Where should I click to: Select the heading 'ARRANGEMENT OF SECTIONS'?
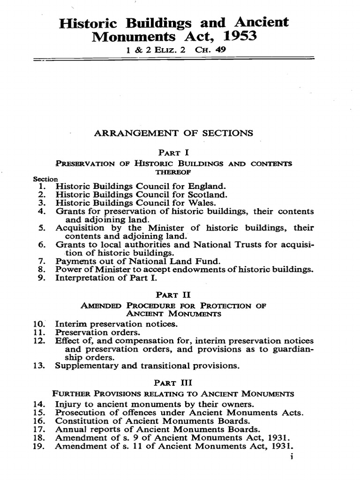tap(174, 133)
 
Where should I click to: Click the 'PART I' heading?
tap(174, 152)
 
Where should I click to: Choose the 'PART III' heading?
tap(174, 382)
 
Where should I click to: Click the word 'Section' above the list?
tap(45, 179)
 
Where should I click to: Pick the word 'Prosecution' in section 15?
tap(79, 412)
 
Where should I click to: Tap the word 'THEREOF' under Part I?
tap(173, 172)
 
